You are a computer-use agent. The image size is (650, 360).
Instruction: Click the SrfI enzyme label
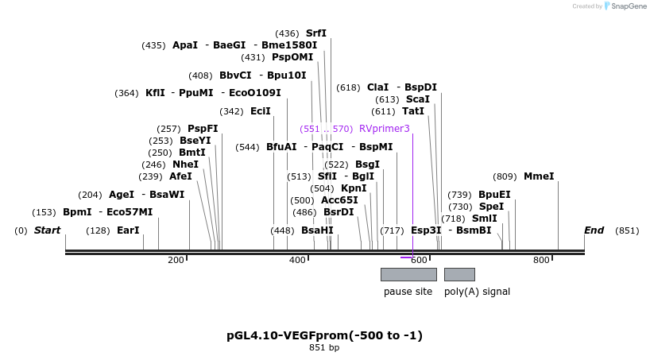click(316, 33)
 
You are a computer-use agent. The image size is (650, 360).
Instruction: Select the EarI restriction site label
click(128, 230)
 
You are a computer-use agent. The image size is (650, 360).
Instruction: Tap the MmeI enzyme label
click(539, 176)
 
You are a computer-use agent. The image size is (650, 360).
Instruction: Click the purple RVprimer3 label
click(385, 128)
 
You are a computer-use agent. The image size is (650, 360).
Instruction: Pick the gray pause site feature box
click(408, 274)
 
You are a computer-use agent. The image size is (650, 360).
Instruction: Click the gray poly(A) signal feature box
click(459, 274)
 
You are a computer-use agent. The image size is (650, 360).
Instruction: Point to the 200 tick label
click(176, 261)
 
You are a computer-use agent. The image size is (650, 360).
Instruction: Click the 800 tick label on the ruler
click(541, 261)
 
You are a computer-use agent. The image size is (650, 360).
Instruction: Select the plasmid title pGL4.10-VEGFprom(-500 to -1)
click(324, 335)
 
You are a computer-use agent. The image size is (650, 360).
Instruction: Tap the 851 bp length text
click(324, 348)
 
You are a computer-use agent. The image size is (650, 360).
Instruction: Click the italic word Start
click(47, 230)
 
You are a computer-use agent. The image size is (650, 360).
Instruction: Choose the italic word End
click(594, 230)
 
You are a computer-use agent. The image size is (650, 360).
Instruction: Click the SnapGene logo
click(625, 6)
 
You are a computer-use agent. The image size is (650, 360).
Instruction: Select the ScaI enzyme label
click(418, 99)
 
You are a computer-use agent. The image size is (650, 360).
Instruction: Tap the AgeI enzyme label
click(122, 195)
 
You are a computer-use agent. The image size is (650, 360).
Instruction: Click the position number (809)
click(505, 176)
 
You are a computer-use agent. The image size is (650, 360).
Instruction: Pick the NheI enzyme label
click(185, 165)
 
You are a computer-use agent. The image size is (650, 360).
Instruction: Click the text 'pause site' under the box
click(408, 292)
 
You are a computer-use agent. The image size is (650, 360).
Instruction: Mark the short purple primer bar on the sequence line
click(406, 257)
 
